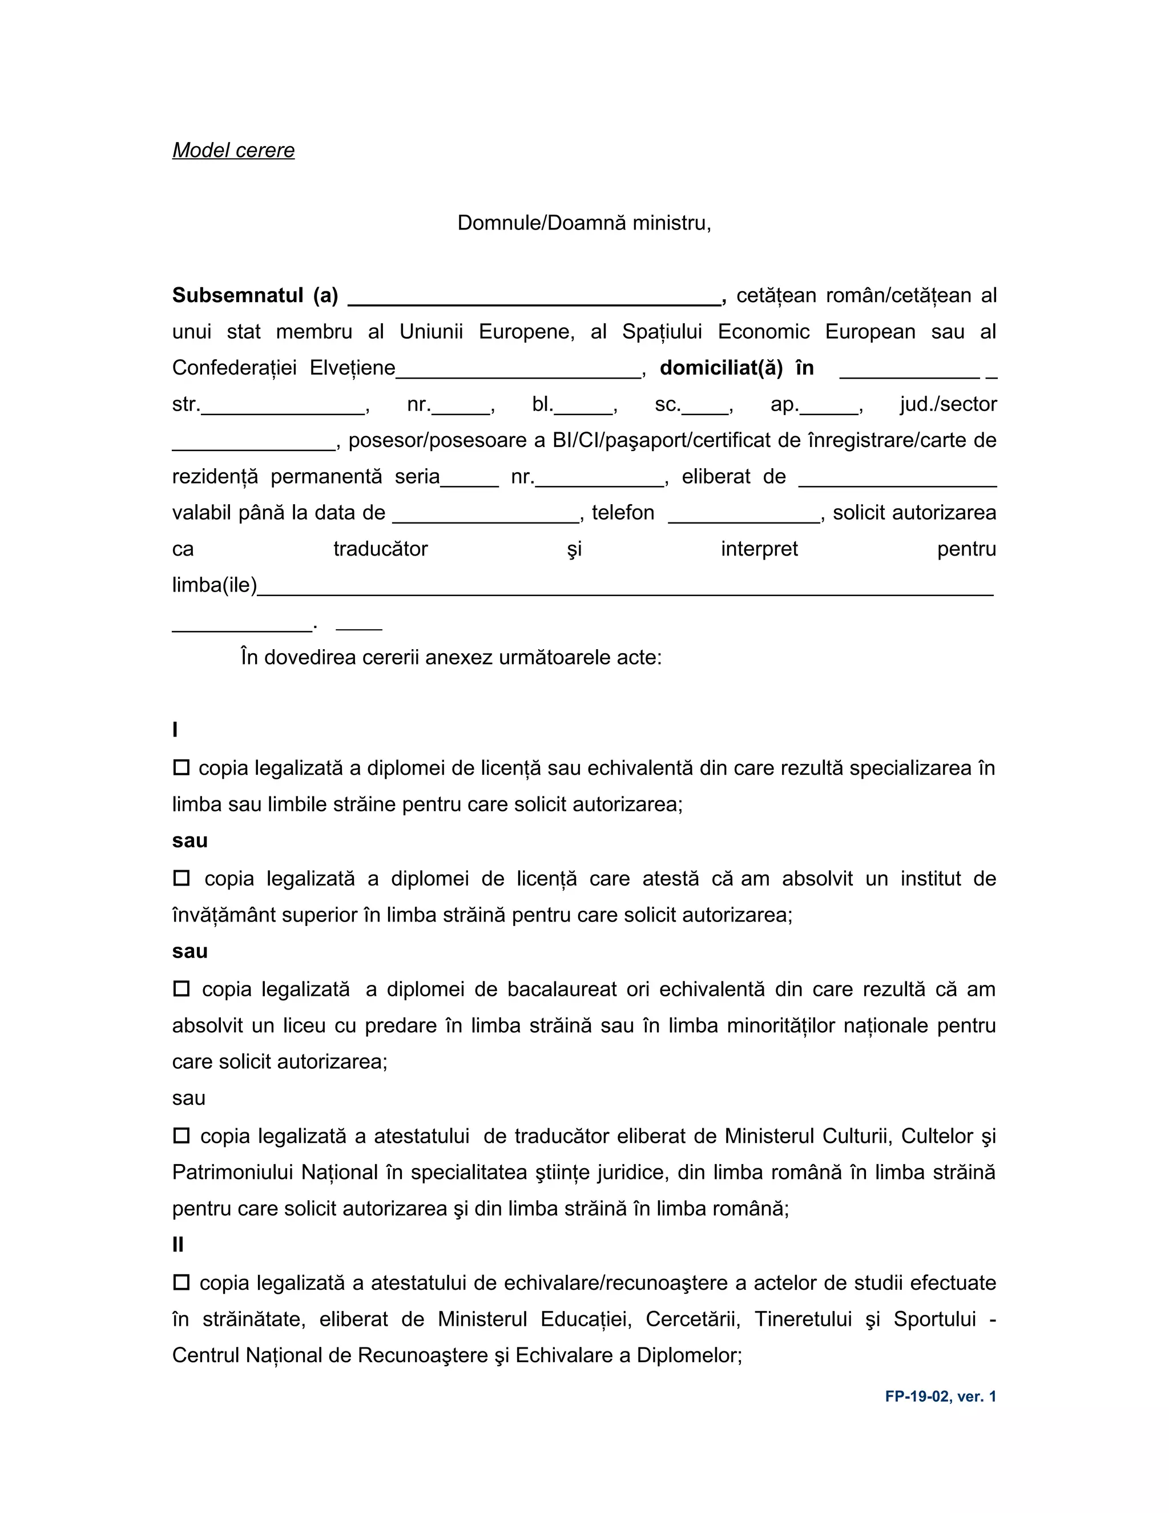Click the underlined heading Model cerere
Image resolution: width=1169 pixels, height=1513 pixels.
click(x=233, y=150)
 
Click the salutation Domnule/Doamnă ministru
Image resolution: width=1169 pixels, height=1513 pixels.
click(x=584, y=223)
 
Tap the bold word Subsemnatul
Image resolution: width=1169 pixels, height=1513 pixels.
click(x=237, y=296)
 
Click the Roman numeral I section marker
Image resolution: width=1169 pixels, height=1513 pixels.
click(x=175, y=730)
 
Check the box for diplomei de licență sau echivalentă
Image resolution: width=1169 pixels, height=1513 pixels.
click(x=182, y=767)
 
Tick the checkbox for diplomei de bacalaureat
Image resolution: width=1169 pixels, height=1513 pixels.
click(x=182, y=988)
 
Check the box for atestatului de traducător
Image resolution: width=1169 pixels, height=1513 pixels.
click(x=182, y=1136)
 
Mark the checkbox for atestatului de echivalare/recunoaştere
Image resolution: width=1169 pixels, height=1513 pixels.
click(x=182, y=1282)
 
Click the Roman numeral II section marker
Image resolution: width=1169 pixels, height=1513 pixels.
click(x=178, y=1245)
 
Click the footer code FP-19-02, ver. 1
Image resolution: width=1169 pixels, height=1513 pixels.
click(x=940, y=1397)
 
